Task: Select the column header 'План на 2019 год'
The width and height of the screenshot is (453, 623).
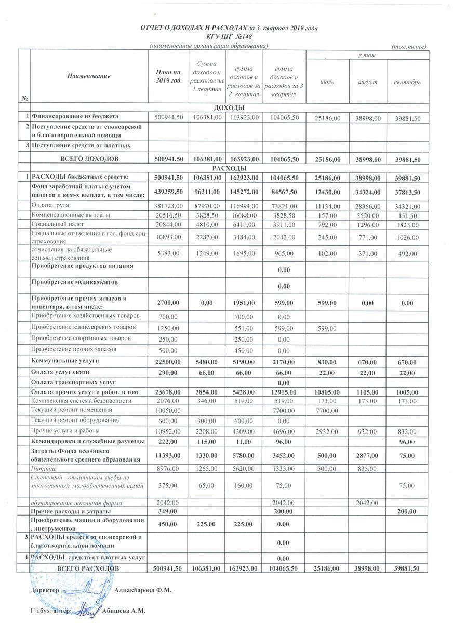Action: tap(168, 76)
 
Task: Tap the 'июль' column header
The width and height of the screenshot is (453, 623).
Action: tap(327, 83)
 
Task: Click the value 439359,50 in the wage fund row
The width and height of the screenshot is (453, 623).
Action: tap(168, 191)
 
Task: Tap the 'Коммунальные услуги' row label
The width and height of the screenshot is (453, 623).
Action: tap(65, 360)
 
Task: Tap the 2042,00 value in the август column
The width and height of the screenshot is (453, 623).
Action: tap(368, 503)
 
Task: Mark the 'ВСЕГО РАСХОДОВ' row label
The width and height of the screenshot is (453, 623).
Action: tap(87, 569)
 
